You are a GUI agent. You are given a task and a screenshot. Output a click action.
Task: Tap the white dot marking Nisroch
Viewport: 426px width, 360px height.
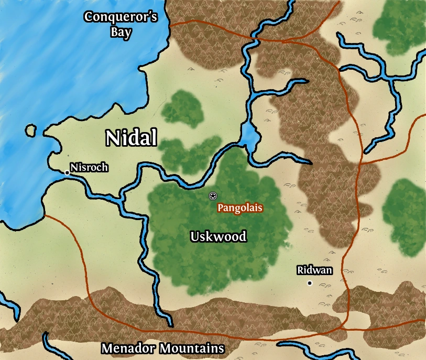click(67, 172)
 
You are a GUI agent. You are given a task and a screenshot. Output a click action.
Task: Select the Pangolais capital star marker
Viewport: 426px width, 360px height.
click(213, 196)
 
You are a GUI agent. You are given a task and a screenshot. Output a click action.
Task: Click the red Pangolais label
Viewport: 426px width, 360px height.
click(240, 208)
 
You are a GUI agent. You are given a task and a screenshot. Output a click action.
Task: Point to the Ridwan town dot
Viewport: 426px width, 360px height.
click(310, 283)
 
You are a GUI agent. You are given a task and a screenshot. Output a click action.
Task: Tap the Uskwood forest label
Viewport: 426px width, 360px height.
click(218, 236)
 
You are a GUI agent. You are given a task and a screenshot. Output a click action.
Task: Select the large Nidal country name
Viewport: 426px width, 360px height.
click(131, 138)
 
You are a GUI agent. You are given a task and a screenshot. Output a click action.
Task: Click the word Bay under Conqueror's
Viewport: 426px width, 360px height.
click(121, 31)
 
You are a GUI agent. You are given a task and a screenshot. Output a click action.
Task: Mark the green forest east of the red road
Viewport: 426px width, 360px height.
click(405, 210)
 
